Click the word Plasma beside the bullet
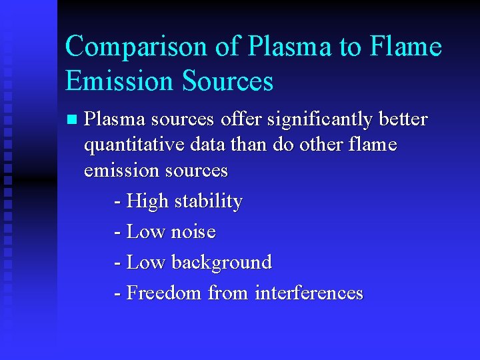coord(115,119)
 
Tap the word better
coord(401,119)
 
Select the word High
coord(147,201)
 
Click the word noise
coord(193,232)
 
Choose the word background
coord(221,263)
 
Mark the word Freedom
coord(164,293)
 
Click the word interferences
coord(309,293)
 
